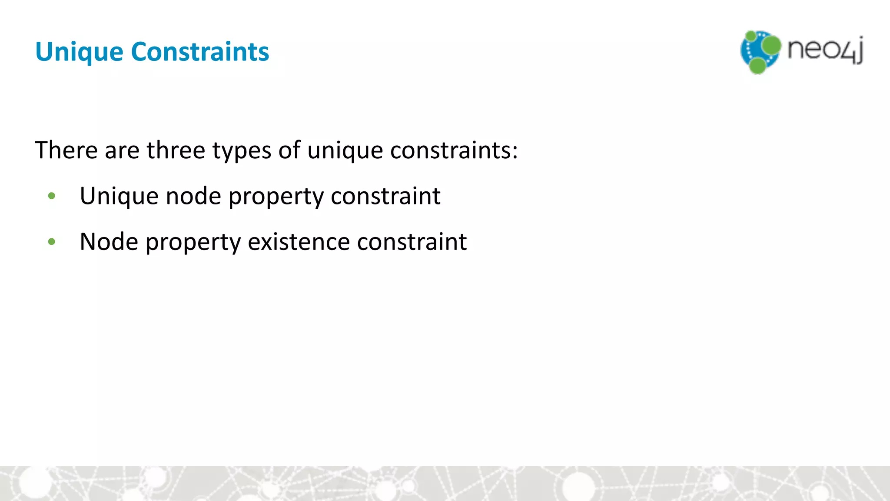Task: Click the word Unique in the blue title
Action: point(79,52)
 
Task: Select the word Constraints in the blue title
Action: point(200,51)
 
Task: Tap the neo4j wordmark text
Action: point(825,50)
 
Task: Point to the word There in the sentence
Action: point(66,150)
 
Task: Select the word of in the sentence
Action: point(289,150)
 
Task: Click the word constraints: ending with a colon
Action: point(454,150)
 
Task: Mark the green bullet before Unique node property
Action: point(52,196)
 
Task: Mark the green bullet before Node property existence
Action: point(52,242)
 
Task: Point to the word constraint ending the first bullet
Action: point(385,197)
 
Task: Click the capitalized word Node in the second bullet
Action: point(109,242)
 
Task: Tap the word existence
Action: point(299,242)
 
